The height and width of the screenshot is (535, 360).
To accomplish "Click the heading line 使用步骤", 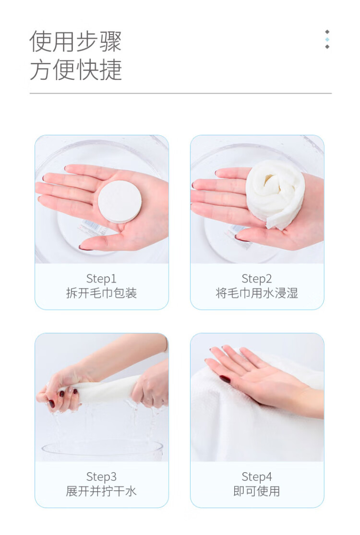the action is pos(75,41).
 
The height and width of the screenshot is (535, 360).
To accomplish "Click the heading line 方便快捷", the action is pos(76,70).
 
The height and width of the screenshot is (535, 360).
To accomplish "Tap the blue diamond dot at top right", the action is pos(327,39).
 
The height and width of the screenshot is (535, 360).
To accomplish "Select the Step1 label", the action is pos(101,278).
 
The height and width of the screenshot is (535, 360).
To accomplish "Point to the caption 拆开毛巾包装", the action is pos(101,293).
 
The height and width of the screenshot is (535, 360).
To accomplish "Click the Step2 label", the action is pos(257,278).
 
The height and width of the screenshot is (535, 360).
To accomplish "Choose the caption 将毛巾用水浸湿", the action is pos(257,293).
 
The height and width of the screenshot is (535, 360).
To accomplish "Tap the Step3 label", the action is pos(101,476).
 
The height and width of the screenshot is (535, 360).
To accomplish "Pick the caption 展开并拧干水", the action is pos(101,491).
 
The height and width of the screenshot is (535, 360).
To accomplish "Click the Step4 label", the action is pos(257,476).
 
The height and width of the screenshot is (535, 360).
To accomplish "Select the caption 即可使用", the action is pos(257,491).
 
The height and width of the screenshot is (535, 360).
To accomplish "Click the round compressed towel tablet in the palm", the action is pos(120,202).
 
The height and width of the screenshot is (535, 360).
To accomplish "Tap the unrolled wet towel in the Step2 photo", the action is pos(275,193).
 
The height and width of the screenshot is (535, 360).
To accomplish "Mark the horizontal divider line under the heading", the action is pos(180,93).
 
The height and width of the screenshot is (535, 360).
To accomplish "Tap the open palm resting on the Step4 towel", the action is pos(263,379).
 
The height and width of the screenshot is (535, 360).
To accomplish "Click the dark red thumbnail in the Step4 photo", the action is pos(225,379).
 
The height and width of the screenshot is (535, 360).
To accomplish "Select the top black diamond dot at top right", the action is pos(327,32).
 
